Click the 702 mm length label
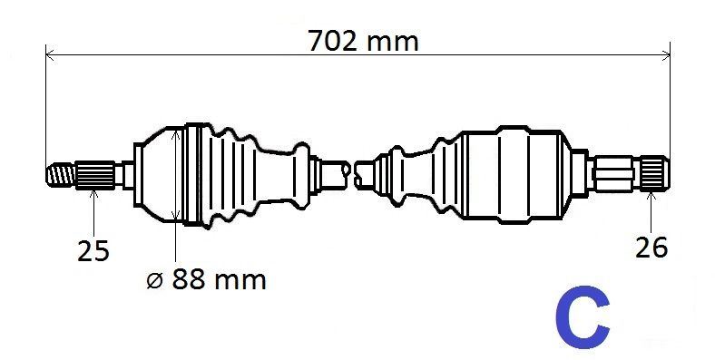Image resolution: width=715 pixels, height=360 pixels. pyautogui.click(x=364, y=41)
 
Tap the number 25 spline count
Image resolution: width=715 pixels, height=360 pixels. pyautogui.click(x=93, y=250)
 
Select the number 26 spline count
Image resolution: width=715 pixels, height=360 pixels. pyautogui.click(x=651, y=248)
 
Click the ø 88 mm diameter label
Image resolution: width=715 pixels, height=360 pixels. pyautogui.click(x=207, y=279)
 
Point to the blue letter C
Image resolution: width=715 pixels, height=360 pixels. pyautogui.click(x=583, y=316)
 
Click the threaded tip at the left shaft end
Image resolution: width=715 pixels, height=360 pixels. pyautogui.click(x=60, y=174)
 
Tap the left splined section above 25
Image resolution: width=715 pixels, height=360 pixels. pyautogui.click(x=95, y=174)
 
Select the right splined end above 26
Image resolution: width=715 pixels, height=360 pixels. pyautogui.click(x=655, y=173)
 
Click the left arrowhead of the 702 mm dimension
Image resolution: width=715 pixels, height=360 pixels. pyautogui.click(x=50, y=55)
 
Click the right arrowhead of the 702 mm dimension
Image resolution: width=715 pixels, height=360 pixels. pyautogui.click(x=666, y=55)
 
